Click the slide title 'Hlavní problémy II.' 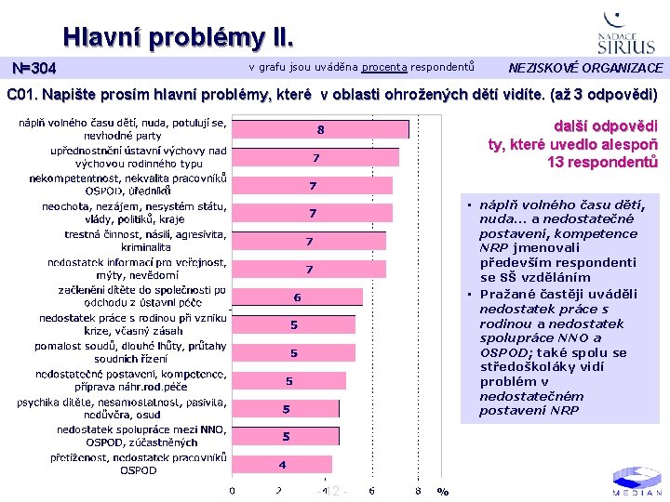tap(178, 38)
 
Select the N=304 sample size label tap(33, 69)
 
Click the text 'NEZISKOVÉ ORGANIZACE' tap(585, 68)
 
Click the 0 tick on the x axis tap(233, 491)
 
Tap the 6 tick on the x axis tap(371, 491)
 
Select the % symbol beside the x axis tap(443, 492)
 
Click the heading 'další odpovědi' tap(605, 126)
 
